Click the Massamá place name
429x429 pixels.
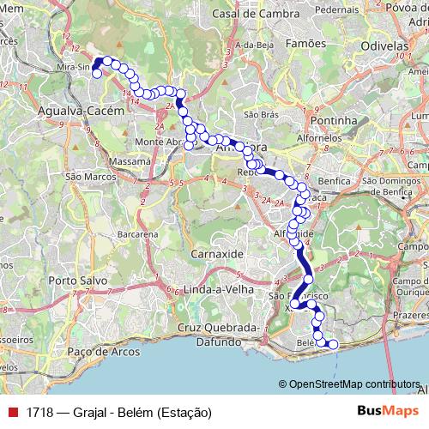[x=130, y=160]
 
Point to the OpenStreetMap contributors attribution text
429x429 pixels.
[x=354, y=384]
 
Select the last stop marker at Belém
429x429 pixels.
[x=333, y=345]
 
